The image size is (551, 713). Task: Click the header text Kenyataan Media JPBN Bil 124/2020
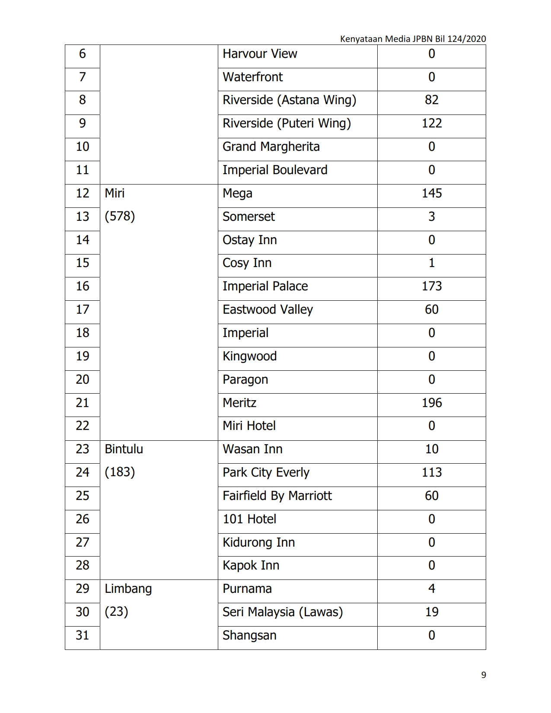[413, 39]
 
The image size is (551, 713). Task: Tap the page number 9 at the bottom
[484, 675]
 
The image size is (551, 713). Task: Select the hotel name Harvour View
[260, 54]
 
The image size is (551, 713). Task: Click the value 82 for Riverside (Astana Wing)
[431, 100]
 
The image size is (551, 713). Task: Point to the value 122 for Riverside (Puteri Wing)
[431, 123]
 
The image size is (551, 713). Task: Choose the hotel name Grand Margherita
[271, 146]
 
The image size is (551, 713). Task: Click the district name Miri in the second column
[115, 193]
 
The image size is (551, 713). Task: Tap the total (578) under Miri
[120, 216]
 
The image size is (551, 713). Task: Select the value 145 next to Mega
[431, 193]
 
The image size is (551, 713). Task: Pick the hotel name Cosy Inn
[247, 263]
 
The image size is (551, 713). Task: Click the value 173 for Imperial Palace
[431, 286]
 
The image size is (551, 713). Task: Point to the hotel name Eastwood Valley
[268, 309]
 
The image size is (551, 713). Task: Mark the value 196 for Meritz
[431, 403]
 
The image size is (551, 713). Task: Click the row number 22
[82, 426]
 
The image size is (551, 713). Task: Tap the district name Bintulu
[124, 449]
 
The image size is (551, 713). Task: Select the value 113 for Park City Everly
[431, 472]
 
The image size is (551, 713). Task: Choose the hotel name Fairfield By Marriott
[277, 496]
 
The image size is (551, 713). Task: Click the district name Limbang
[128, 589]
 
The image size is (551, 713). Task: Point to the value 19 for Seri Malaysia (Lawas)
[431, 612]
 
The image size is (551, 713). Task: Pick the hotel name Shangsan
[249, 635]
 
